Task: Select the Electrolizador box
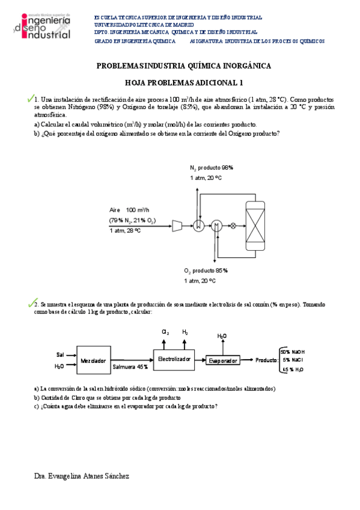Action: [x=174, y=358]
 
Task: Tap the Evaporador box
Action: [x=222, y=360]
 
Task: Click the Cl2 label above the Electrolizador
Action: [x=166, y=332]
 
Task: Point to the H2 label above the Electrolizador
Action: [x=185, y=332]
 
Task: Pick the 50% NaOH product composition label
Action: [x=293, y=352]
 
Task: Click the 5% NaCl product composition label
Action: [x=293, y=360]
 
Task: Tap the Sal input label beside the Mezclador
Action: [x=59, y=354]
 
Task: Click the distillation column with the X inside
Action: [x=255, y=226]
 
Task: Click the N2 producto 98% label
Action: [x=211, y=167]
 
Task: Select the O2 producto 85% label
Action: [x=206, y=271]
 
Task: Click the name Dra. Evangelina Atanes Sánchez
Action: [x=82, y=476]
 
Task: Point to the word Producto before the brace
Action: [x=266, y=360]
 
